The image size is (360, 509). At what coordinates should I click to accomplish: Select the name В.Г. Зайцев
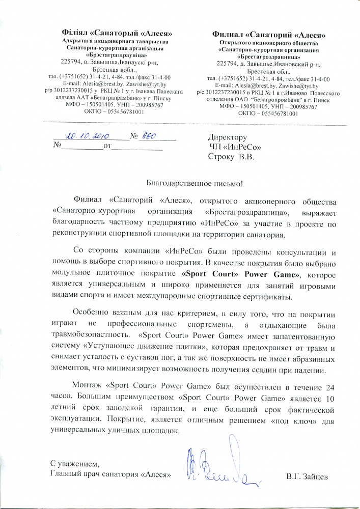308,476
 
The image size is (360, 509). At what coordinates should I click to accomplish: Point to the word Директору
228,137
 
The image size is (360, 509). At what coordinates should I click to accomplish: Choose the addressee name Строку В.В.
230,157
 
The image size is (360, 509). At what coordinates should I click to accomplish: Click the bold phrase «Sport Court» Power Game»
235,274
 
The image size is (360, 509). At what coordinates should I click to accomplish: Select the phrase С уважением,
75,465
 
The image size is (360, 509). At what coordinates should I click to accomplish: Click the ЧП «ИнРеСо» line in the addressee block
232,147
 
